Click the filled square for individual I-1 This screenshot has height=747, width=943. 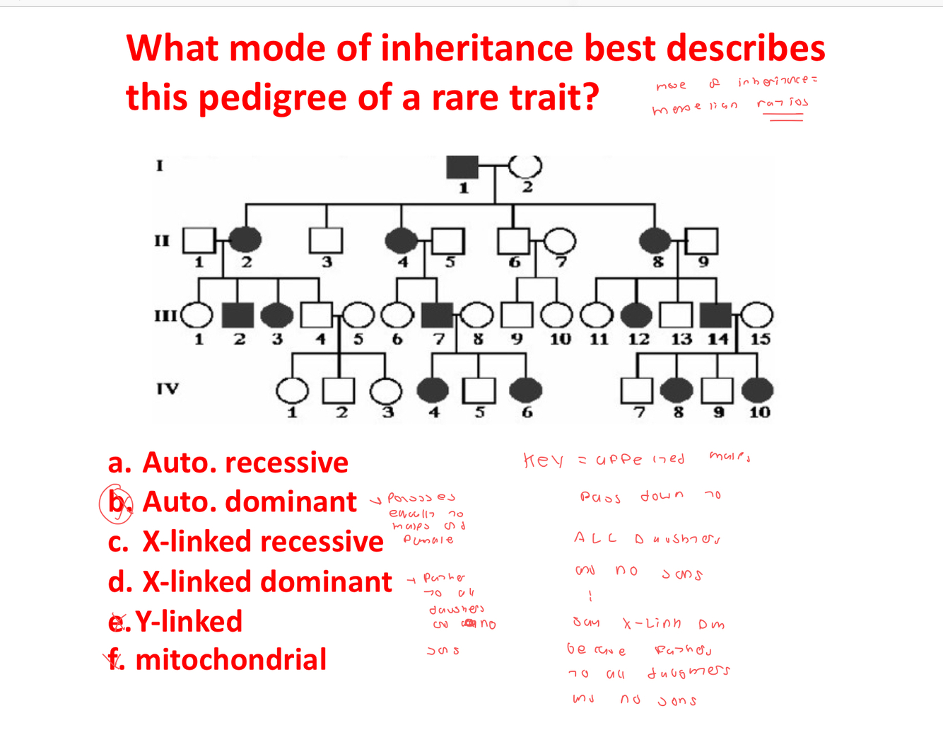(x=462, y=167)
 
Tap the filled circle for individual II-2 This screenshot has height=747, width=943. (x=245, y=241)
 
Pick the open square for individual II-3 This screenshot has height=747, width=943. (x=326, y=241)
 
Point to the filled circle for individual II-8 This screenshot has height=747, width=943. (x=655, y=241)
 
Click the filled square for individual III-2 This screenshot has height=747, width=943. (x=238, y=315)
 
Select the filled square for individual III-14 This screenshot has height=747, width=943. (x=716, y=315)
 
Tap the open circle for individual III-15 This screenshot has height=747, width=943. (x=757, y=315)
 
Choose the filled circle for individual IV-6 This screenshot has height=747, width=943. (x=525, y=390)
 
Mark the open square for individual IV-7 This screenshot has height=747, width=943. (x=636, y=390)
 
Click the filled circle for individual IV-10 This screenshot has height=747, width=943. (x=757, y=390)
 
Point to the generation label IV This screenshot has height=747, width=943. (x=168, y=388)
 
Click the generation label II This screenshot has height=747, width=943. (x=162, y=241)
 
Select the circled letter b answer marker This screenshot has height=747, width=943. (x=116, y=503)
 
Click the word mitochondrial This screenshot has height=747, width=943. (x=230, y=659)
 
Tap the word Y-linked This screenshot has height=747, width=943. (x=189, y=621)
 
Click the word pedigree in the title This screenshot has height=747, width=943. (x=271, y=98)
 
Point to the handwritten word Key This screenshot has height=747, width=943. (x=543, y=461)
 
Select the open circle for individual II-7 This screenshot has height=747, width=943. (x=559, y=241)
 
